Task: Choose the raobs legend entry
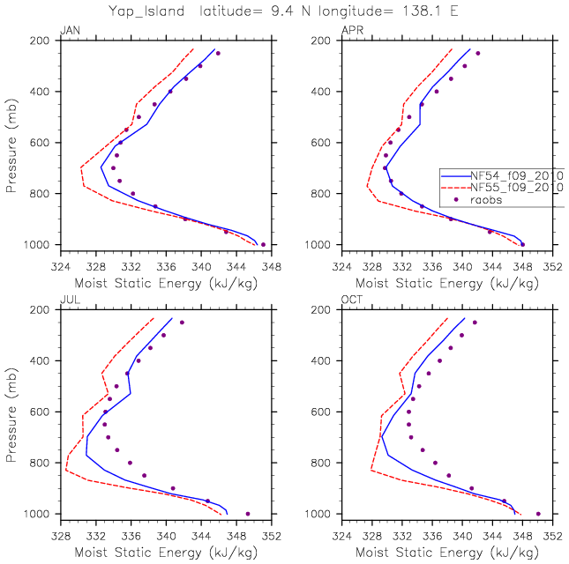[487, 200]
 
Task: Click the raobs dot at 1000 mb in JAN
[263, 244]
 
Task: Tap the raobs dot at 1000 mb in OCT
[538, 514]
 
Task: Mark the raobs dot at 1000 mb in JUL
[248, 514]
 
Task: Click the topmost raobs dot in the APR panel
[478, 53]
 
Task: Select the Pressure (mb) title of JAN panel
[11, 142]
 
